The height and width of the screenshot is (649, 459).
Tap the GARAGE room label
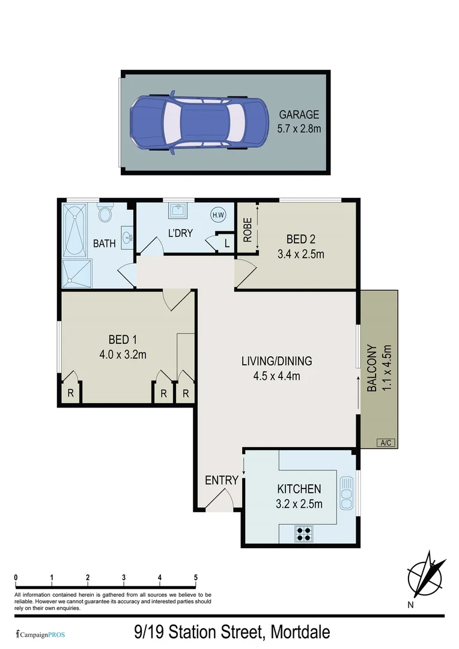(x=299, y=115)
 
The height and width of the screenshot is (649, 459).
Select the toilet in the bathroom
(x=106, y=214)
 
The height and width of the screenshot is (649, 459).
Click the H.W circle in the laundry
(x=217, y=214)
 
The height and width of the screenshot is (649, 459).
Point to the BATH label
(x=104, y=244)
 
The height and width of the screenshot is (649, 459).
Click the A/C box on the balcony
(x=385, y=443)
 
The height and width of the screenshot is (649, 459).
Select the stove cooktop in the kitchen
(x=304, y=534)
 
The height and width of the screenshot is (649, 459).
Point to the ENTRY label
(x=222, y=480)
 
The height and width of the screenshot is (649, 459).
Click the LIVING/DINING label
(x=276, y=361)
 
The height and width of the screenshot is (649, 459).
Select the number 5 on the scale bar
(x=196, y=578)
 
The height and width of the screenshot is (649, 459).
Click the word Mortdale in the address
(x=300, y=632)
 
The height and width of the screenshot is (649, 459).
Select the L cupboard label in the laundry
(x=226, y=243)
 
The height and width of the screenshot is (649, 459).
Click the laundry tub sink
(x=178, y=211)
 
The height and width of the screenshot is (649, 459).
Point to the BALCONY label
(x=372, y=368)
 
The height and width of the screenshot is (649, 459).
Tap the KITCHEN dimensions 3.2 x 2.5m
(x=299, y=504)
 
